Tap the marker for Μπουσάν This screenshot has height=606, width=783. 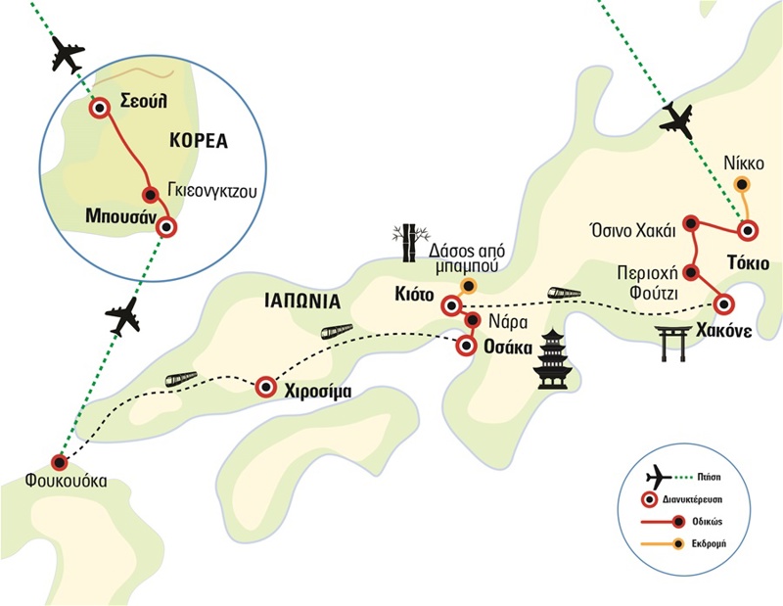[x=168, y=227]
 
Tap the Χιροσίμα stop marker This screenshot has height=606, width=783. [x=265, y=389]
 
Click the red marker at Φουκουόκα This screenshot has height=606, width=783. [x=60, y=462]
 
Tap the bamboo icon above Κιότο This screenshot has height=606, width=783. [x=408, y=243]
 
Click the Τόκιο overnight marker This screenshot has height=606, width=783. [x=748, y=232]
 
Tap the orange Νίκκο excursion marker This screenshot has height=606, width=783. [x=742, y=184]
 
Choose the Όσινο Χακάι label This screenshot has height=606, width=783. [x=635, y=221]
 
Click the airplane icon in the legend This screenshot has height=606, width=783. [x=661, y=476]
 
